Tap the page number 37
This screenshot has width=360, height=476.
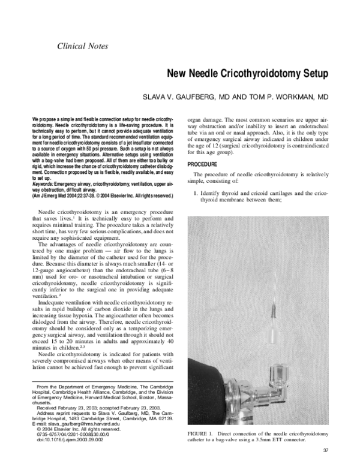coord(326,450)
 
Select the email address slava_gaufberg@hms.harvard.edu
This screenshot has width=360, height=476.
coord(71,423)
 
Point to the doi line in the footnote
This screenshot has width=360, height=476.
coord(62,439)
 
